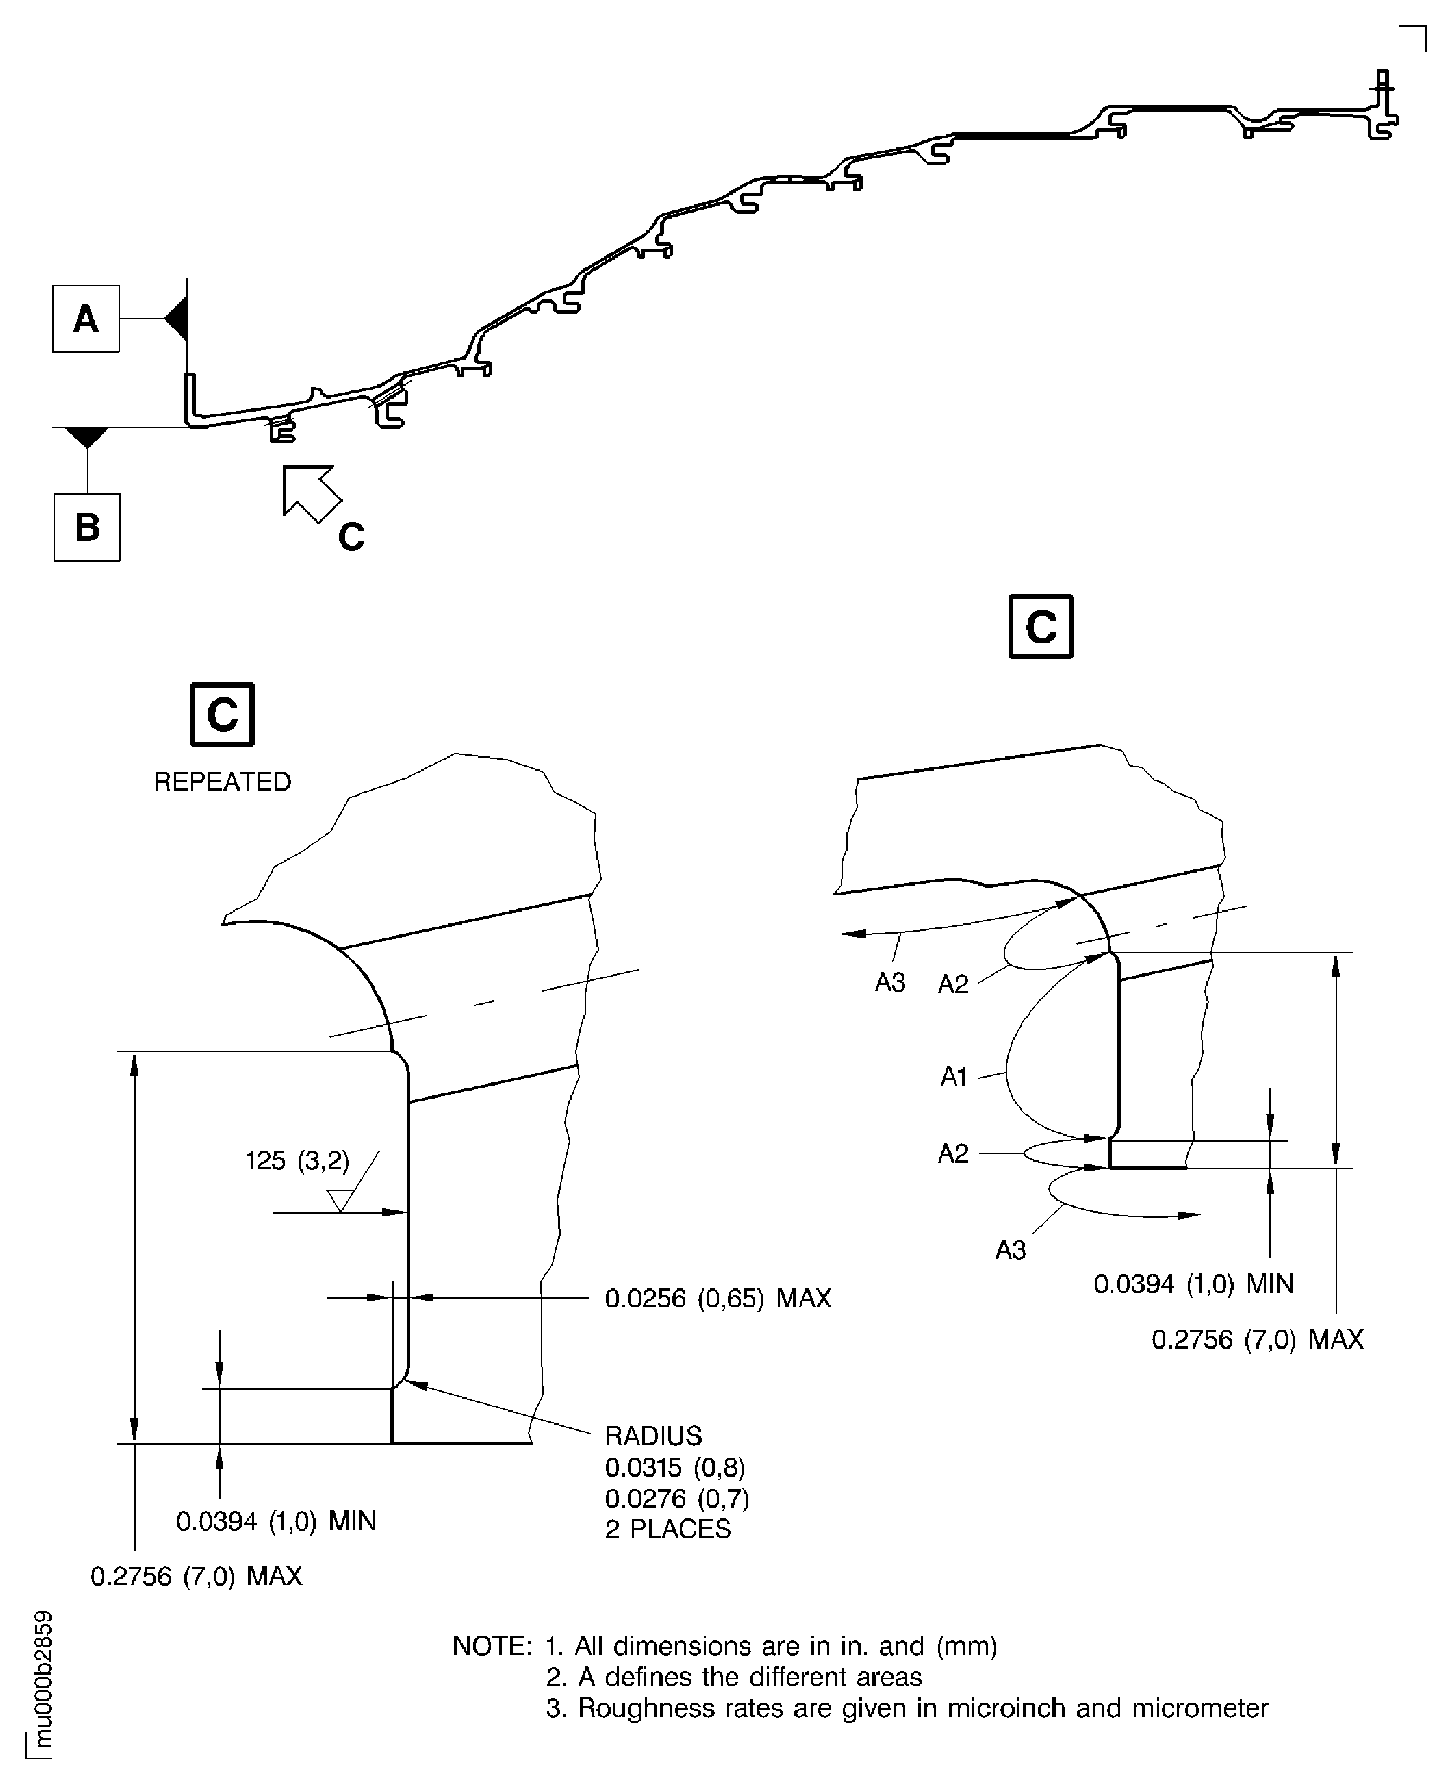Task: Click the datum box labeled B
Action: point(87,528)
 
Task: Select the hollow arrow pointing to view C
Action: point(310,492)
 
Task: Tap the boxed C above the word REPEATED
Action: point(222,715)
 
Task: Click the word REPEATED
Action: point(222,781)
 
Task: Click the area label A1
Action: point(954,1076)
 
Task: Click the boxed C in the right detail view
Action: point(1041,627)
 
